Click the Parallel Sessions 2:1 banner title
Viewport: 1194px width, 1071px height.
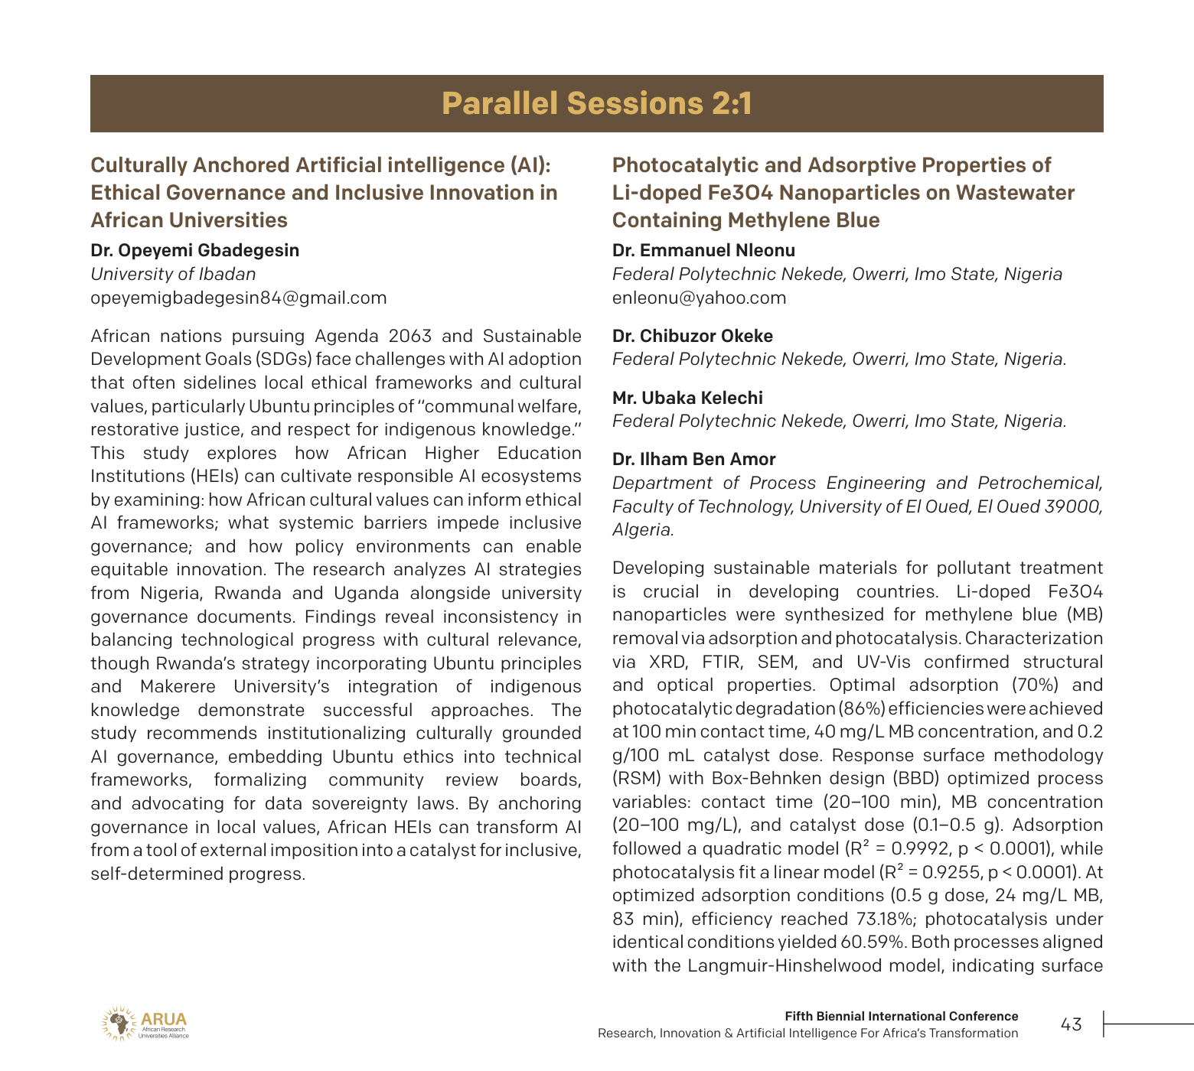597,104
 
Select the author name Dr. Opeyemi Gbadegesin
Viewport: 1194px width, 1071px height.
194,250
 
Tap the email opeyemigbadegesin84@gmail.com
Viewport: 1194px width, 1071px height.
238,298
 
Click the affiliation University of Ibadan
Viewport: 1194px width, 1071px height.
173,274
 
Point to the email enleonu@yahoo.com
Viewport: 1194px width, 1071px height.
699,298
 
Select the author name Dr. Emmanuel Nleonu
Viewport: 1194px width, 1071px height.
703,250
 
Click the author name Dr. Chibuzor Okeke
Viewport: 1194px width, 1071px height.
692,336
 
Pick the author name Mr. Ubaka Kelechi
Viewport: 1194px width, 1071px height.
687,398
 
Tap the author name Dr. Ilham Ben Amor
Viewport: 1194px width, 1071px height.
693,459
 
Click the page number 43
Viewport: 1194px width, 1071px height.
1071,1024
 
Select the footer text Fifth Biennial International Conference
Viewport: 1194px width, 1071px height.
901,1016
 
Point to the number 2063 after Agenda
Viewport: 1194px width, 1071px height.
409,336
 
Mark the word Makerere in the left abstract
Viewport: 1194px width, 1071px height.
178,686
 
